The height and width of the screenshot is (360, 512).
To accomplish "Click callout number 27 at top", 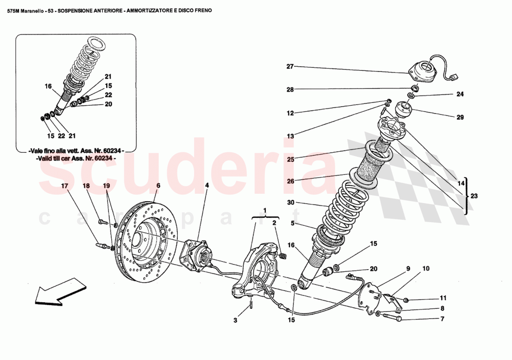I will tap(290, 67).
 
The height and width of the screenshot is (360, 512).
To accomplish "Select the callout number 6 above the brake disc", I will tap(158, 185).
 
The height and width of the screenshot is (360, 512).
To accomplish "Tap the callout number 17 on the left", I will tap(64, 185).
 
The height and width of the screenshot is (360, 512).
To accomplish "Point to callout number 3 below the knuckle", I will tap(236, 320).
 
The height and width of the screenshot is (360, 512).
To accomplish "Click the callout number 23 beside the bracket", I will tap(474, 196).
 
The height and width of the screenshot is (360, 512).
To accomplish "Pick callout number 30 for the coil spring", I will tap(290, 203).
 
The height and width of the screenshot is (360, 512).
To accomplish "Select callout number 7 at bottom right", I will tap(442, 319).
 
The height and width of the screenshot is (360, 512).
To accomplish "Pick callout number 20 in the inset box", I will tap(108, 104).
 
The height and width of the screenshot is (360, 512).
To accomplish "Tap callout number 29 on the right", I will tap(460, 117).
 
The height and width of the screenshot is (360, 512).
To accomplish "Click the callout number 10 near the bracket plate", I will tap(426, 269).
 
